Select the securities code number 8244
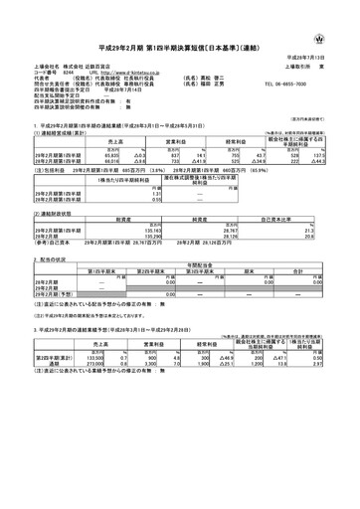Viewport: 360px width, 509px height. (65, 73)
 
